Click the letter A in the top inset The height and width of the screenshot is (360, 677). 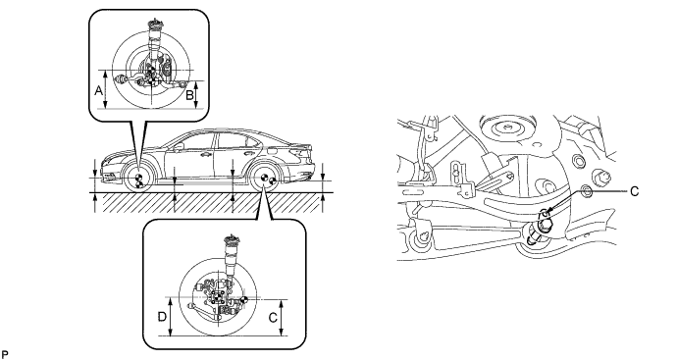click(x=97, y=89)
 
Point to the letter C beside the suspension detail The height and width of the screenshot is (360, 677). click(x=633, y=191)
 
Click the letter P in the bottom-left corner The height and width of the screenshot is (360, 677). click(x=6, y=349)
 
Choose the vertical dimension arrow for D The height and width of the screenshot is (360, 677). click(x=173, y=317)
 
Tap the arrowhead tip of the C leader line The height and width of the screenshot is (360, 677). click(x=548, y=213)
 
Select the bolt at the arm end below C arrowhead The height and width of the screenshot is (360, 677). click(x=537, y=233)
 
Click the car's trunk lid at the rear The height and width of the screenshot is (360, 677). click(x=294, y=148)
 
